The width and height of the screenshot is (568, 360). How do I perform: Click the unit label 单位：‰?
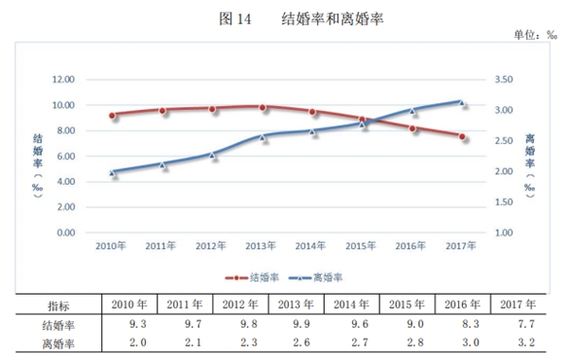point(535,35)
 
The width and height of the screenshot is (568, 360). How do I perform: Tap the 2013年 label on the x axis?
point(260,246)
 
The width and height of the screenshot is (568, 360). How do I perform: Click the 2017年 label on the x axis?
point(462,246)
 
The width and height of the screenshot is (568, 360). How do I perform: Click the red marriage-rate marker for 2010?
point(113,116)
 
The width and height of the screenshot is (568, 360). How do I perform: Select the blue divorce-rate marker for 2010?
point(113,172)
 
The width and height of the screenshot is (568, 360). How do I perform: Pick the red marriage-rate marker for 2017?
point(462,136)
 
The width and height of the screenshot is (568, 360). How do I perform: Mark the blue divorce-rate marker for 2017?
point(462,102)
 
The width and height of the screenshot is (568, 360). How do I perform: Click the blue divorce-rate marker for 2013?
point(262,136)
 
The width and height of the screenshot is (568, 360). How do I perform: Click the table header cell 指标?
point(60,305)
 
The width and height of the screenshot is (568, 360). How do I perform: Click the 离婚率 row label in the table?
point(60,343)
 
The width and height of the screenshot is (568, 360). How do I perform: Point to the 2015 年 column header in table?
point(407,305)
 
